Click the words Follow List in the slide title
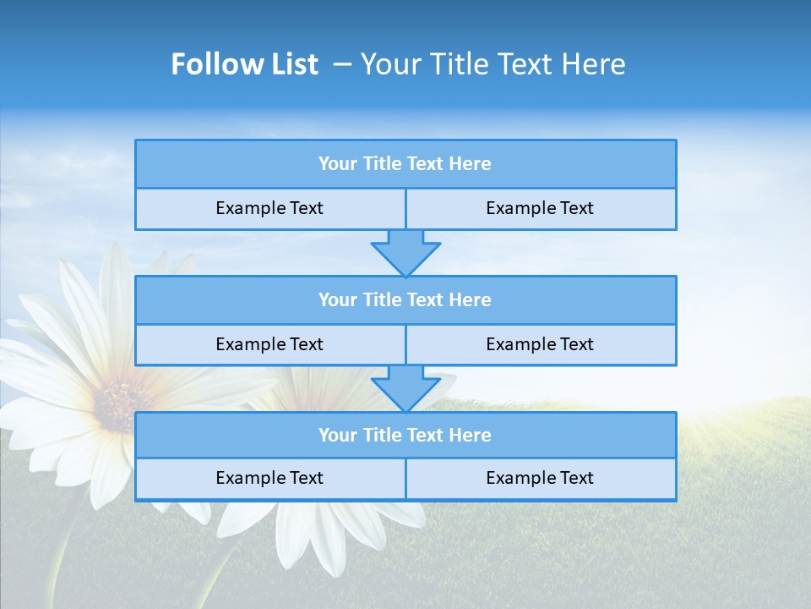pyautogui.click(x=244, y=64)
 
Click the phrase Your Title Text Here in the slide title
pyautogui.click(x=493, y=64)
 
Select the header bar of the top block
pyautogui.click(x=405, y=164)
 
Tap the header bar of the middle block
pyautogui.click(x=405, y=300)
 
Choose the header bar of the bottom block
pyautogui.click(x=405, y=436)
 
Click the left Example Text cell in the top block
pyautogui.click(x=269, y=209)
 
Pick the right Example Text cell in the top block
pyautogui.click(x=540, y=209)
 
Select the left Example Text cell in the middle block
pyautogui.click(x=269, y=344)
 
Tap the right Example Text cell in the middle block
pyautogui.click(x=540, y=344)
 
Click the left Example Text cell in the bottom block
pyautogui.click(x=269, y=479)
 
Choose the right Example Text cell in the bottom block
pyautogui.click(x=540, y=479)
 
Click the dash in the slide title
pyautogui.click(x=342, y=64)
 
